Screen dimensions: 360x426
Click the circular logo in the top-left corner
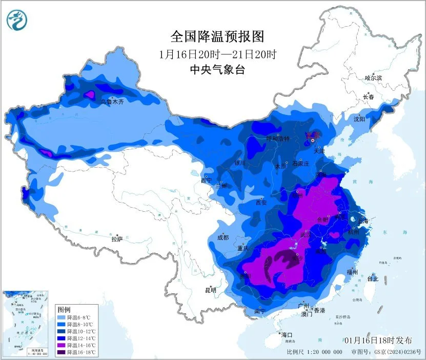coord(17,20)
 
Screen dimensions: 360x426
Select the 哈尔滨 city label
coord(373,78)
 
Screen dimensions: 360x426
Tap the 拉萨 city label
coord(117,238)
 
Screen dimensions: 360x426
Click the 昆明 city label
coord(211,290)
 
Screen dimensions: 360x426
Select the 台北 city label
coord(373,279)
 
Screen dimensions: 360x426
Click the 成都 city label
coord(222,237)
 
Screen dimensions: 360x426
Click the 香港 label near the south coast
coord(319,311)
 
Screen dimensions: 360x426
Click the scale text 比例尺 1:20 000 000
coord(315,352)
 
